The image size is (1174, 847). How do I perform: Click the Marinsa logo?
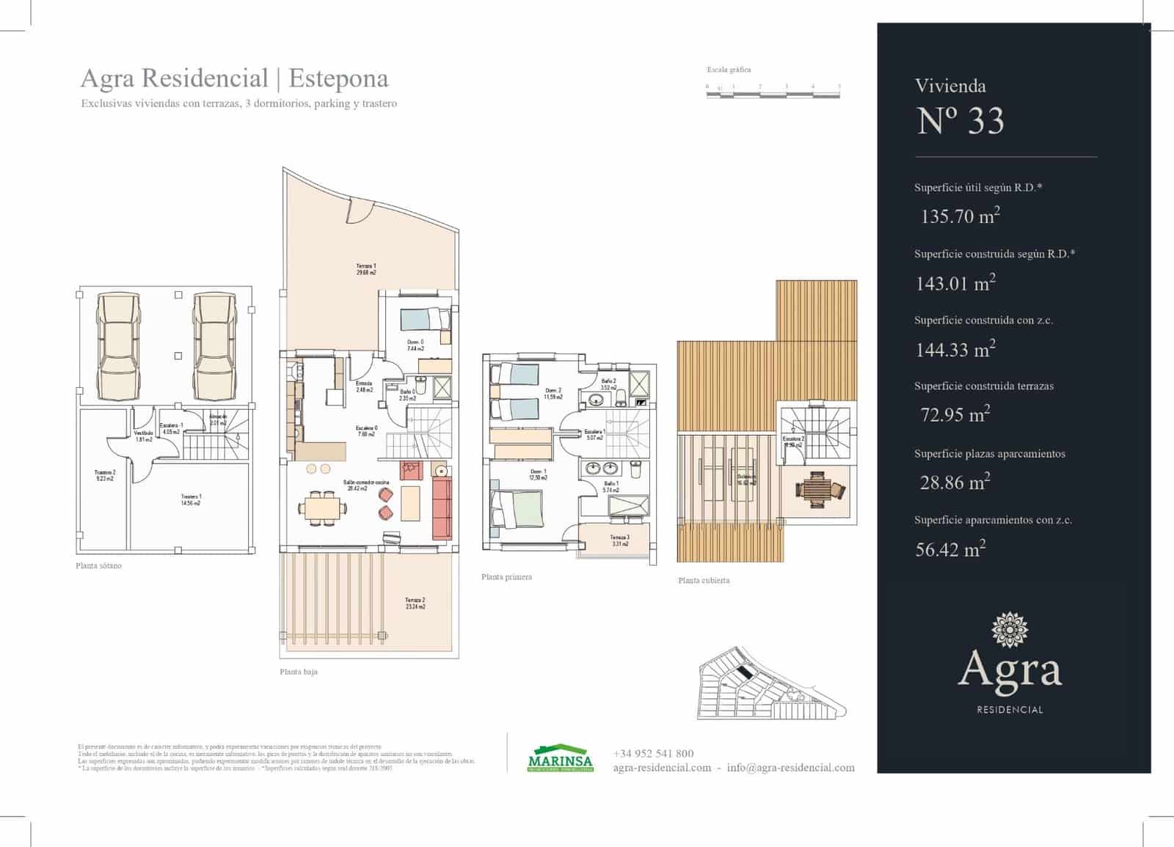(x=560, y=760)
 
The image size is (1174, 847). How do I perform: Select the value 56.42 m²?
(x=949, y=549)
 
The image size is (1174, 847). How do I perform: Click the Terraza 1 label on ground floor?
(x=366, y=269)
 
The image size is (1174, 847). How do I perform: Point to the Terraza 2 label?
(x=415, y=603)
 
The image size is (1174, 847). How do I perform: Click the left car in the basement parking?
(x=117, y=345)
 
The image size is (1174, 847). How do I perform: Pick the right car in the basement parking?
(x=214, y=345)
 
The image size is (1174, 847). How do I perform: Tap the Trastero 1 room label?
(x=191, y=499)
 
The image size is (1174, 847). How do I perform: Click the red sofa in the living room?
(x=441, y=507)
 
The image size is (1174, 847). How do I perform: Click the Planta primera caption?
(x=506, y=577)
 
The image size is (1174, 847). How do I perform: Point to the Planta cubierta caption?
(x=704, y=580)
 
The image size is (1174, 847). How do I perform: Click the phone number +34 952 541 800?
(x=653, y=753)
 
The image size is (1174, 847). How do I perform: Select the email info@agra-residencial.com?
(x=790, y=768)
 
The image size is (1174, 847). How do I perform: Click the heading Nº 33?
(x=960, y=121)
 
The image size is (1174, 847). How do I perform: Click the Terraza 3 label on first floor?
(x=619, y=540)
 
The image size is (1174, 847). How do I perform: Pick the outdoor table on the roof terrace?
(x=815, y=489)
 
